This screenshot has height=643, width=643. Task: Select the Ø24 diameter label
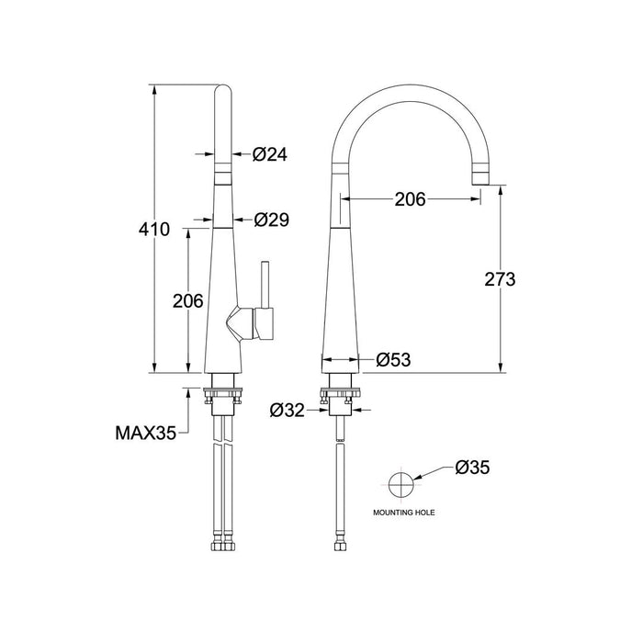click(269, 155)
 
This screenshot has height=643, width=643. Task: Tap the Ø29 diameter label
click(271, 220)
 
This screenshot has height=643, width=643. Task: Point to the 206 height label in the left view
click(187, 301)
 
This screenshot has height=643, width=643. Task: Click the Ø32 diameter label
click(288, 410)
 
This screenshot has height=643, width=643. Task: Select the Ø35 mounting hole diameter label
click(472, 468)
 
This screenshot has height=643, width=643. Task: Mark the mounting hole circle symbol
click(401, 484)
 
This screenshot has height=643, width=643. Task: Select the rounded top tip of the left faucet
click(223, 92)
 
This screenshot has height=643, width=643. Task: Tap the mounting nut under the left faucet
click(223, 395)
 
